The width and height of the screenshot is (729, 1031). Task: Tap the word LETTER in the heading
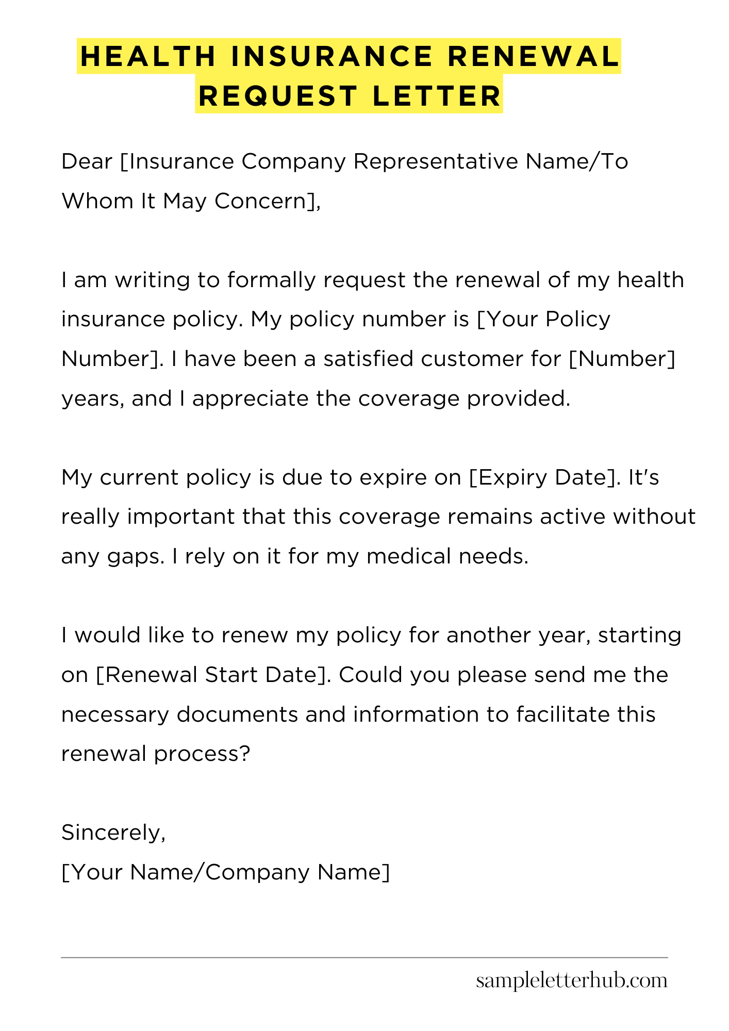point(437,96)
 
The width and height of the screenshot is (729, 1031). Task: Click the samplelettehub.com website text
point(571,980)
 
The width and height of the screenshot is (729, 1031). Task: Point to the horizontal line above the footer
point(364,958)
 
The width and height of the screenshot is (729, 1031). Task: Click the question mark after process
point(245,754)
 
